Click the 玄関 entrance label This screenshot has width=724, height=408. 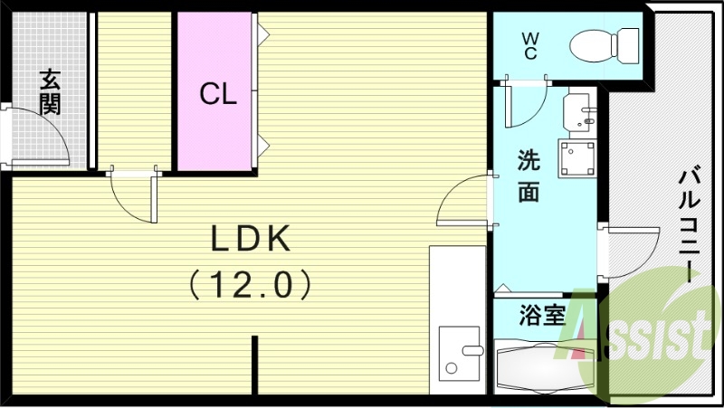50,92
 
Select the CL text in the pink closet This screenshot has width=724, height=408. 218,93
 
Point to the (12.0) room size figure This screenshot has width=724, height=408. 251,285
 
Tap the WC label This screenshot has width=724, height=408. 529,46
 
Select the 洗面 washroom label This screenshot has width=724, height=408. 529,176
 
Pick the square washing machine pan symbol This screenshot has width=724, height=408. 576,159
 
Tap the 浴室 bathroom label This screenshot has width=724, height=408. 542,316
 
